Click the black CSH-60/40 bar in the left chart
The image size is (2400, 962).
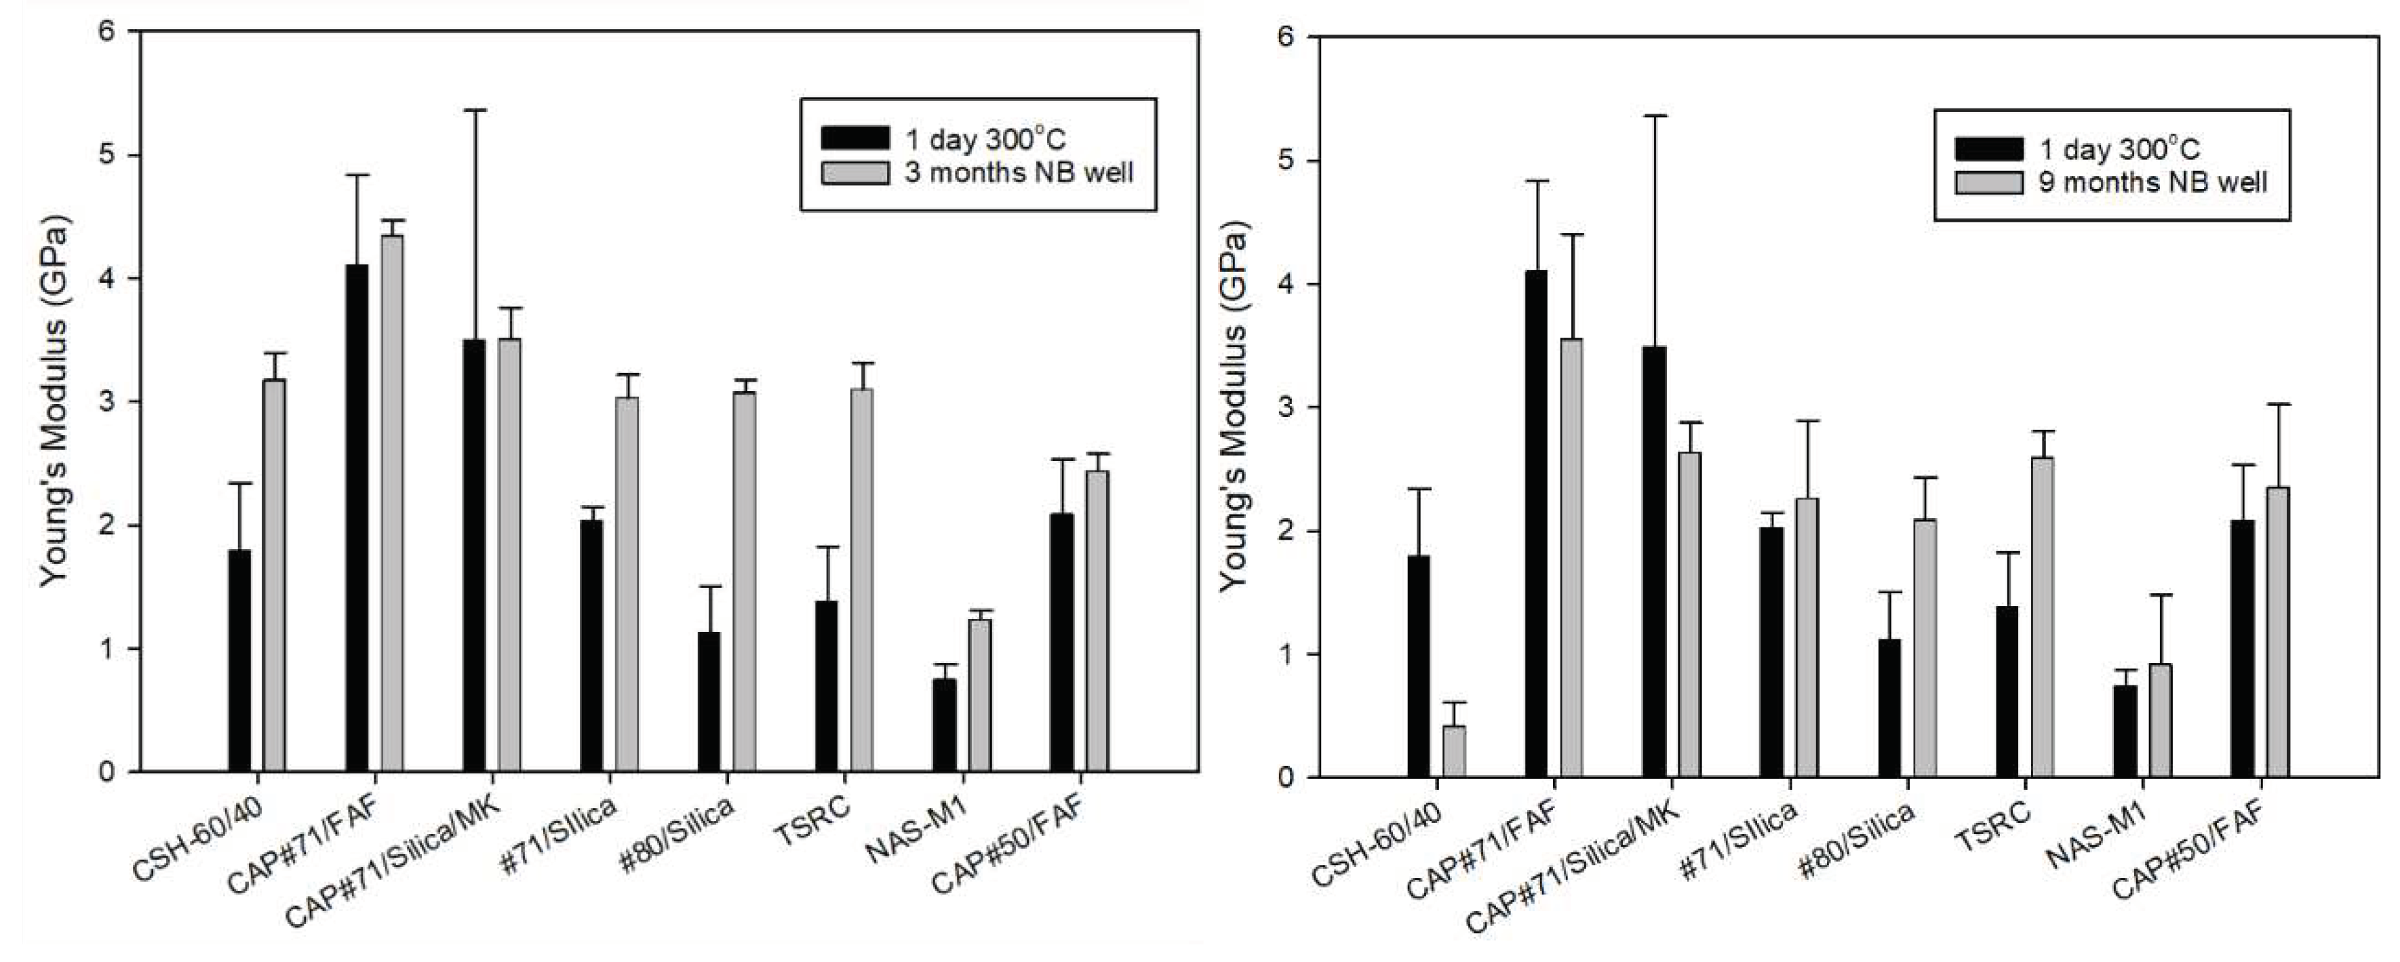[x=239, y=660]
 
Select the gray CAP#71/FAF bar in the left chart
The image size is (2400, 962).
[x=391, y=503]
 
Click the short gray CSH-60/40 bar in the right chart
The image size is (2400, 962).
[x=1455, y=752]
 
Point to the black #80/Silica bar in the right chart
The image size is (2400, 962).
[x=1889, y=708]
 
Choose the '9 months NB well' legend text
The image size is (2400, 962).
[x=2153, y=182]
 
